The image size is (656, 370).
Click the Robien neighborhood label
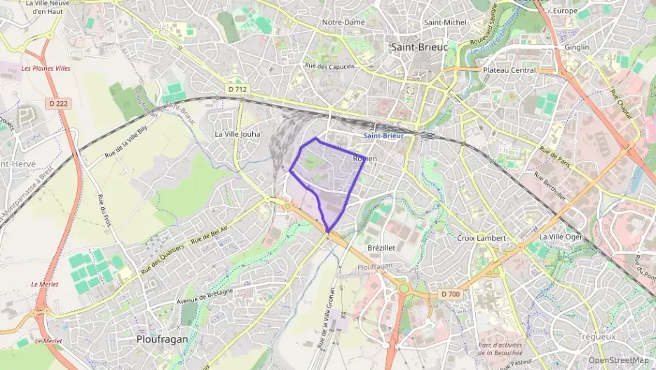tap(364, 159)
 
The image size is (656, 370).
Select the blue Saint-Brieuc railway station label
tap(383, 136)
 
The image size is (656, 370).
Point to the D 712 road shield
tap(238, 88)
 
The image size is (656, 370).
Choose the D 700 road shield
tap(451, 294)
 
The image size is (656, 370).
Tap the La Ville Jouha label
tap(237, 133)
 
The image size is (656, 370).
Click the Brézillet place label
tap(382, 249)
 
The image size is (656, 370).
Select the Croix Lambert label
tap(481, 238)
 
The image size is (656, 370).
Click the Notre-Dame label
tap(343, 22)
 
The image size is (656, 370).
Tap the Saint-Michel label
tap(445, 22)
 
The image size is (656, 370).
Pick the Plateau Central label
tap(510, 70)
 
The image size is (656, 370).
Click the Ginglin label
tap(577, 47)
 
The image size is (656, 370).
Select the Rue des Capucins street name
tap(330, 67)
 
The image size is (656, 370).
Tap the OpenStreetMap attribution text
tap(618, 360)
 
